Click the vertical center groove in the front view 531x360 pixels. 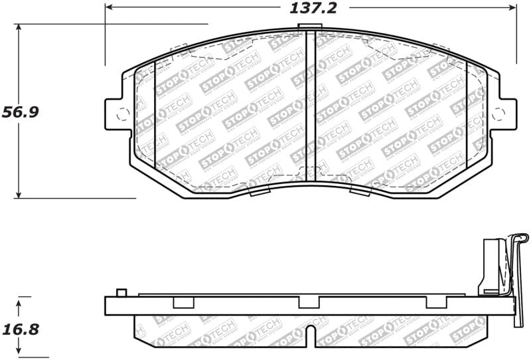(310, 106)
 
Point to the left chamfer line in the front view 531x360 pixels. (154, 113)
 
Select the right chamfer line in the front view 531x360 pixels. (467, 113)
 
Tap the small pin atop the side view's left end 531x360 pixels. (121, 293)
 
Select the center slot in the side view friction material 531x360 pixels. (309, 335)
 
